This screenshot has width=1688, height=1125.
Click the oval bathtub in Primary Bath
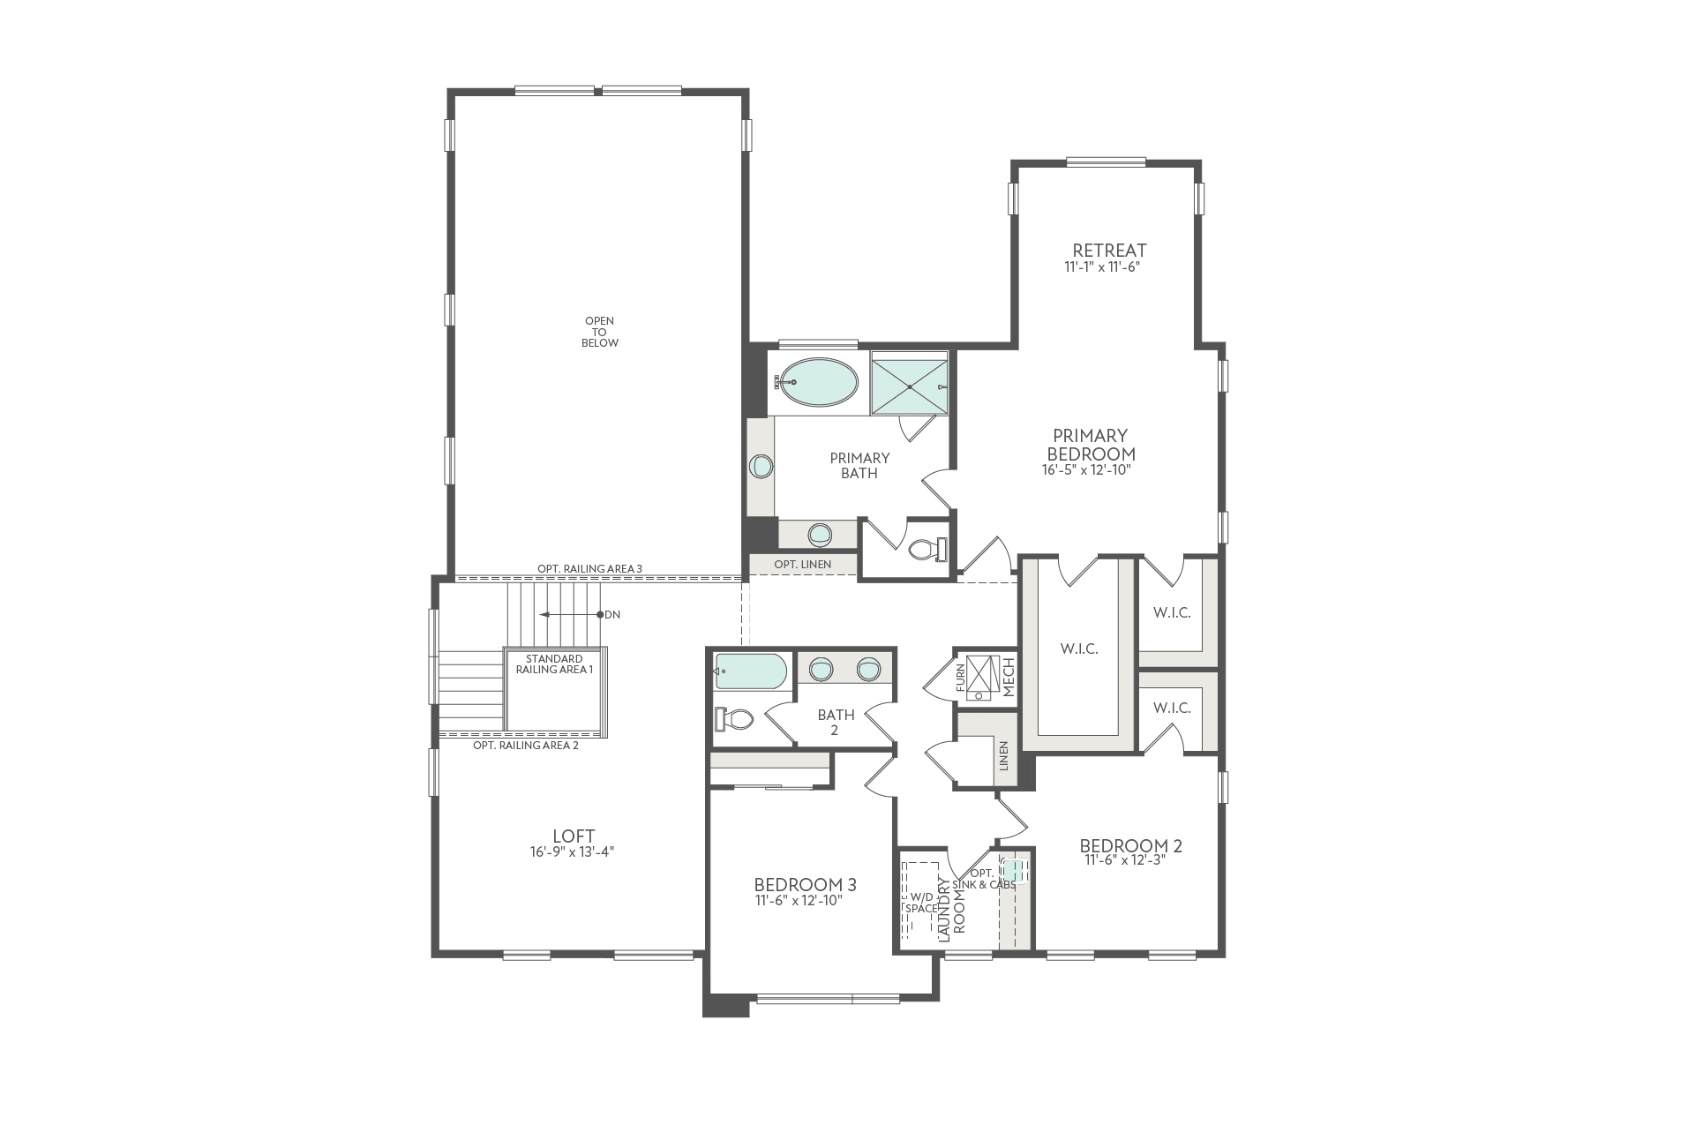(x=817, y=382)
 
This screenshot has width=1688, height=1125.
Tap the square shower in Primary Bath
(x=908, y=383)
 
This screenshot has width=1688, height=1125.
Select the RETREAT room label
(x=1109, y=250)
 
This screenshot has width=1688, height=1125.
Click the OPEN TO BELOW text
(x=600, y=332)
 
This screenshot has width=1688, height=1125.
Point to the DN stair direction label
(x=612, y=614)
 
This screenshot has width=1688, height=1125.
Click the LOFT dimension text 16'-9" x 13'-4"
(x=573, y=852)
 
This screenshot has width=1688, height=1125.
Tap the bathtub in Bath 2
(x=750, y=671)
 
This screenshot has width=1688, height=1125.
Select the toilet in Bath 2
(x=735, y=719)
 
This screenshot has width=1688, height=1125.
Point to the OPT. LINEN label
(x=802, y=564)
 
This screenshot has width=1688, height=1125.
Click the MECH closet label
(x=1009, y=677)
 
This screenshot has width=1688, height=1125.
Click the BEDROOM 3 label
(x=805, y=884)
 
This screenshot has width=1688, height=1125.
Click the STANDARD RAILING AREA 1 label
(x=554, y=664)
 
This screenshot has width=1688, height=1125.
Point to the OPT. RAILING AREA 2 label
(x=525, y=745)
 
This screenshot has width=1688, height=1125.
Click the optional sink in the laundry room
(x=1014, y=871)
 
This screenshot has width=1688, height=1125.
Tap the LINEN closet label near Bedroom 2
(x=1003, y=755)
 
